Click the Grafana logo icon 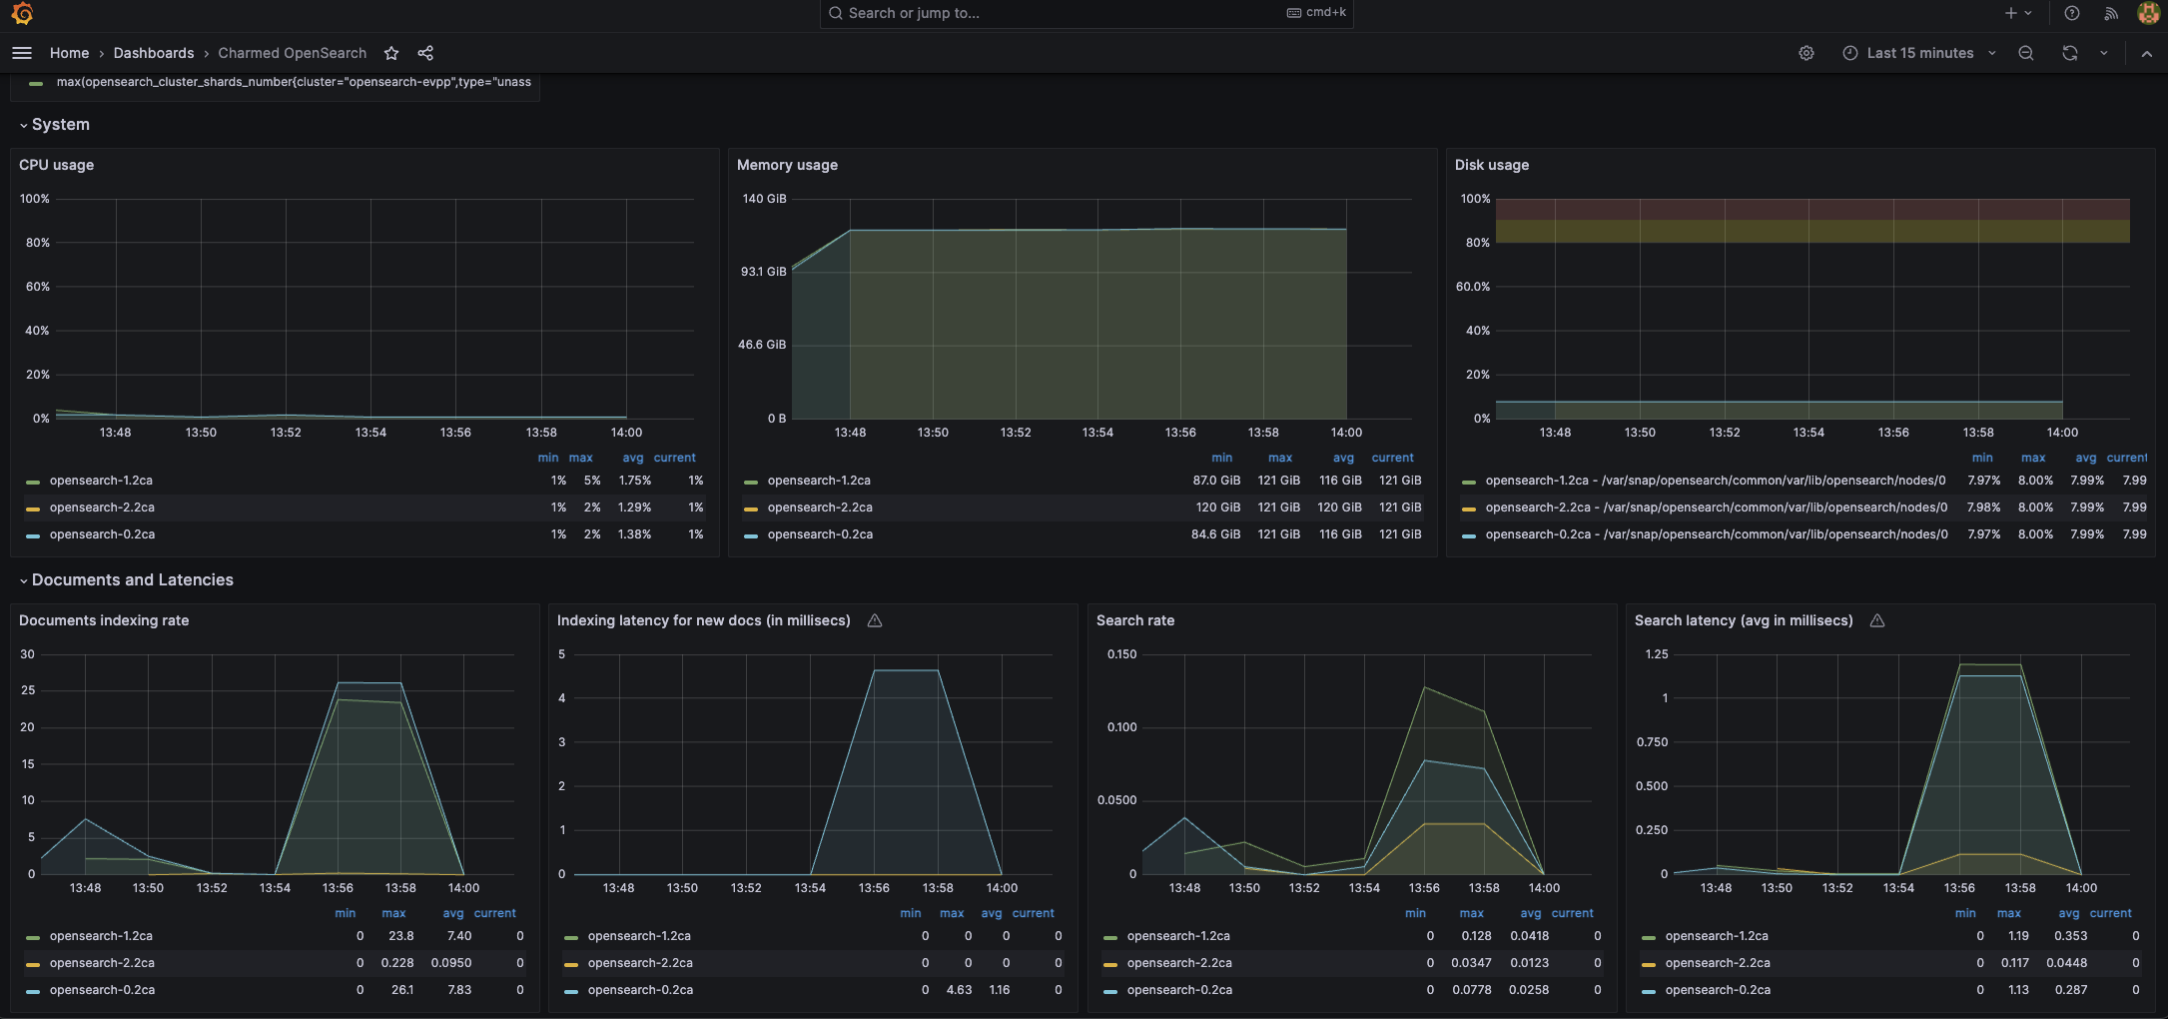coord(22,13)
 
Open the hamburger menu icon coord(22,53)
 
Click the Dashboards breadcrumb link coord(153,53)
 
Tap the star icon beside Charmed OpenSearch coord(391,53)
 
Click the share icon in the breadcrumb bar coord(425,53)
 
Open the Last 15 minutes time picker coord(1918,53)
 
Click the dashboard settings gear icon coord(1806,53)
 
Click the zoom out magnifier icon coord(2025,53)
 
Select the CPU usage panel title coord(56,165)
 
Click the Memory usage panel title coord(787,165)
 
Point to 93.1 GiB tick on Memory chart coord(763,272)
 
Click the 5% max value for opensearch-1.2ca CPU coord(592,481)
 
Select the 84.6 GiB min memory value coord(1215,534)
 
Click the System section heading coord(60,125)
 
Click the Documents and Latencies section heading coord(132,580)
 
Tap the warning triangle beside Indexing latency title coord(875,620)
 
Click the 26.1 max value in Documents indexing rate coord(401,990)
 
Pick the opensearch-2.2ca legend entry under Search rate coord(1178,963)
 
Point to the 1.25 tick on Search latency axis coord(1656,654)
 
